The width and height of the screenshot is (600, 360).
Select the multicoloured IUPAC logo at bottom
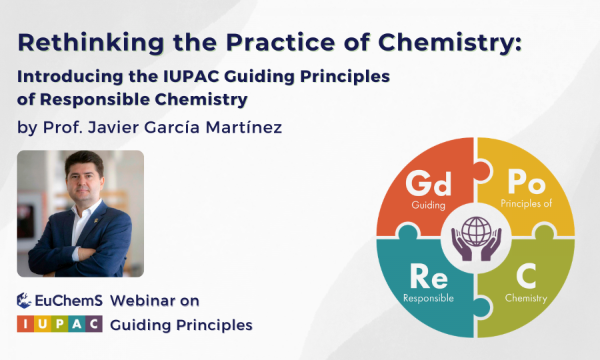point(60,325)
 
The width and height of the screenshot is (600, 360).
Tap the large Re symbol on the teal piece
point(428,276)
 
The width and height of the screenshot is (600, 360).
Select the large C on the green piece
point(526,276)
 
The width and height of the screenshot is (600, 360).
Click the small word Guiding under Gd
point(428,205)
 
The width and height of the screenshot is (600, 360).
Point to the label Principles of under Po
point(526,203)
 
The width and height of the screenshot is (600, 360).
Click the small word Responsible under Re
point(428,298)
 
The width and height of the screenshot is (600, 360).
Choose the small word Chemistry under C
point(526,298)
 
